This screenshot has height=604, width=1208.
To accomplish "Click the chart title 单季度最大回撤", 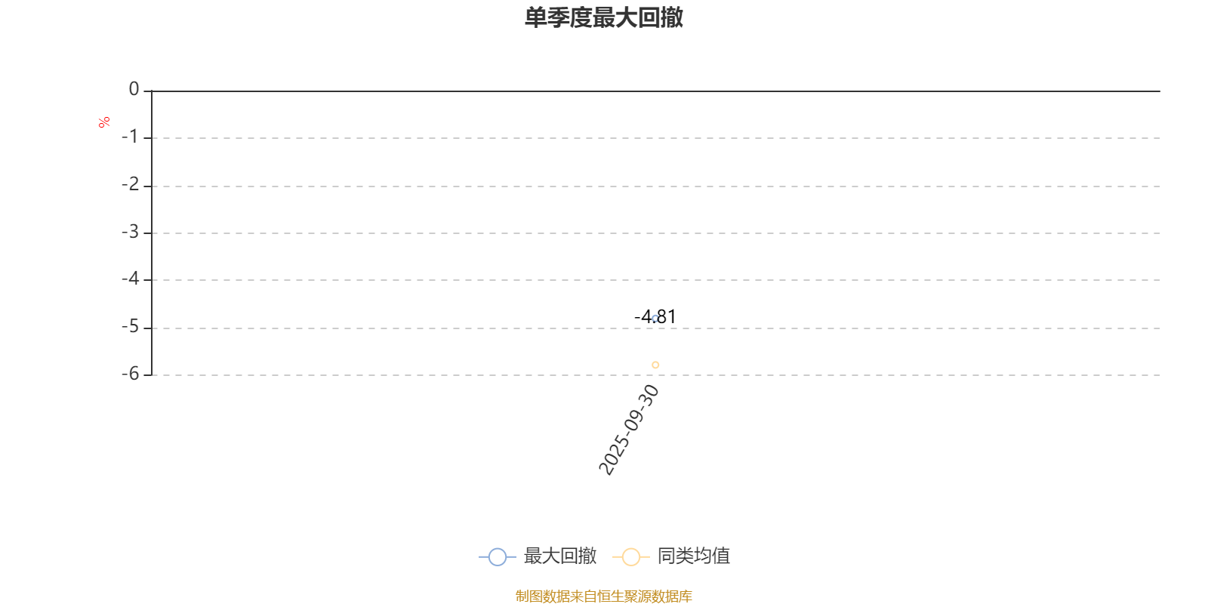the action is tap(603, 17).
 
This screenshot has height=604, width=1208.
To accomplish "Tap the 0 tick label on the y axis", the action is tap(134, 89).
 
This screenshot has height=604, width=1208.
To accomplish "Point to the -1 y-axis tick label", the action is tap(129, 137).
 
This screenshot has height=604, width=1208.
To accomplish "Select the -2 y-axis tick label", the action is tap(130, 185).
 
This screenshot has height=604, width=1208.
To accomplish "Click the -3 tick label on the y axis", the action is tap(130, 233).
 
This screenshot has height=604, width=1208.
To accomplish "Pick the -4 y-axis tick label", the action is tap(130, 279).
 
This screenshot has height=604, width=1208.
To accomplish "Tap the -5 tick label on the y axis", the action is tap(130, 327).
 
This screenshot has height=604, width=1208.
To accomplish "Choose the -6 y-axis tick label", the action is tap(130, 374).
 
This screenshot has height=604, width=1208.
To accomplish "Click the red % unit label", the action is tap(104, 122).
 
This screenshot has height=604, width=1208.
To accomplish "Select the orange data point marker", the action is tap(655, 365).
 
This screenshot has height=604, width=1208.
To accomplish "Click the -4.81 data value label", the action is tap(655, 316).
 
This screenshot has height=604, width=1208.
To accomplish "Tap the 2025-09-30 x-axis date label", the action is tap(629, 430).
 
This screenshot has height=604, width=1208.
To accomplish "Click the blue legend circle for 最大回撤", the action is tap(498, 556).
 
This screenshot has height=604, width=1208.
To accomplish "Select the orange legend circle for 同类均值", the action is tap(631, 556).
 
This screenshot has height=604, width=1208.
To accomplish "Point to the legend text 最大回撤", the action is tap(559, 556).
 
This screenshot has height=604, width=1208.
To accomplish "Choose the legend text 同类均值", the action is tap(694, 556).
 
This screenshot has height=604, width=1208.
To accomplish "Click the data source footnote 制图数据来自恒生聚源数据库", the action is tap(603, 596).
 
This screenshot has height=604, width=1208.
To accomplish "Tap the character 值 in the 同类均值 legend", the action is tap(721, 556).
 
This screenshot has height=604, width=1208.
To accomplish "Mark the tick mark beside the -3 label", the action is tap(148, 233).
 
